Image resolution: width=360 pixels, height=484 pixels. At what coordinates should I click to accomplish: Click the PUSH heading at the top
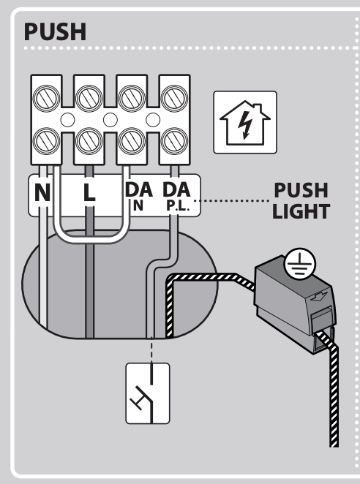55,31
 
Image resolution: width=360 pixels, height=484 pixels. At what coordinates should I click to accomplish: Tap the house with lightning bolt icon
245,122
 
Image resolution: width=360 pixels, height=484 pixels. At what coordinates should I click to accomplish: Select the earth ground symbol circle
300,264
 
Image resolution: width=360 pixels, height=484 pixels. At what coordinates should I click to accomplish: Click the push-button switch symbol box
148,393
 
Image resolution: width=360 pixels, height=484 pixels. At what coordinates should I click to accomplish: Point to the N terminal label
42,192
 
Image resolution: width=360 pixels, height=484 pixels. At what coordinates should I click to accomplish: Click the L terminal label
89,192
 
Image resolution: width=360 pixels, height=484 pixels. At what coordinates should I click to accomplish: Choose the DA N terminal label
139,197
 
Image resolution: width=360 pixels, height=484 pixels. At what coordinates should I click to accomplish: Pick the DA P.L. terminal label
176,197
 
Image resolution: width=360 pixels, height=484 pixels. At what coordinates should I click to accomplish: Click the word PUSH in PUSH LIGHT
301,190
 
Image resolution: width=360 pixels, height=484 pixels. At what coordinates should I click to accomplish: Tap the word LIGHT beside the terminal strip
301,211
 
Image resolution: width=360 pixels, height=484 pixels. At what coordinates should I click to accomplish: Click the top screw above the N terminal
46,98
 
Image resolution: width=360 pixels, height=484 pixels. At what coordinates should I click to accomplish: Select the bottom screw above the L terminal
89,141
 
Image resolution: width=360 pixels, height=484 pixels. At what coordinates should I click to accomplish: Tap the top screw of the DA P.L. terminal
175,98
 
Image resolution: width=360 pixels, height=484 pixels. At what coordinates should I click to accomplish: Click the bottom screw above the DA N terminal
132,141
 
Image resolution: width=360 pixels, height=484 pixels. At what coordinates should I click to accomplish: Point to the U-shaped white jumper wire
91,239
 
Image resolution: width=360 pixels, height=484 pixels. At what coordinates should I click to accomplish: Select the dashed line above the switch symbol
151,349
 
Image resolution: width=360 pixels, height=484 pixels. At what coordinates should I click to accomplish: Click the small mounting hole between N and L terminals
67,120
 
